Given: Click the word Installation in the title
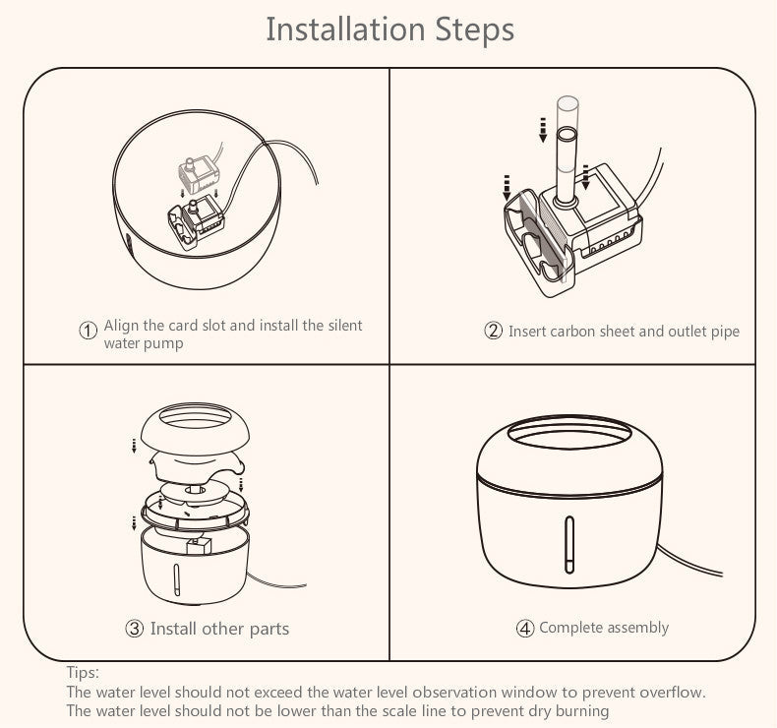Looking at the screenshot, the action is click(x=345, y=29).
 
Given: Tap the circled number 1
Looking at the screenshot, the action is click(x=89, y=330).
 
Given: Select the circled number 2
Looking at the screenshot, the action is click(x=493, y=331).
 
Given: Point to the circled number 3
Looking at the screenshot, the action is click(x=135, y=629).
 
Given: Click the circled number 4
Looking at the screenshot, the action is click(x=525, y=629).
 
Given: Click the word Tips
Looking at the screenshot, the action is click(x=83, y=673).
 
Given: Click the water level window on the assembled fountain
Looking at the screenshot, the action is click(x=569, y=545).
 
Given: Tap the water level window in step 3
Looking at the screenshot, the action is click(x=176, y=579).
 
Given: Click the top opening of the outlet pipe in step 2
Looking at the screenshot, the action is click(x=567, y=134).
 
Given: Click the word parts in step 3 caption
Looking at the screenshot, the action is click(x=269, y=629).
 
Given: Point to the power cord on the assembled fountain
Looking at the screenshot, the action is click(x=688, y=561).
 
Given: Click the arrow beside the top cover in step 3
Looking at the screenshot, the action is click(x=134, y=446).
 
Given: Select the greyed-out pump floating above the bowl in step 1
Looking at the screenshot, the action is click(x=199, y=175).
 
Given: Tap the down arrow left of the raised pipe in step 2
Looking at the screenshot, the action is click(x=543, y=130).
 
